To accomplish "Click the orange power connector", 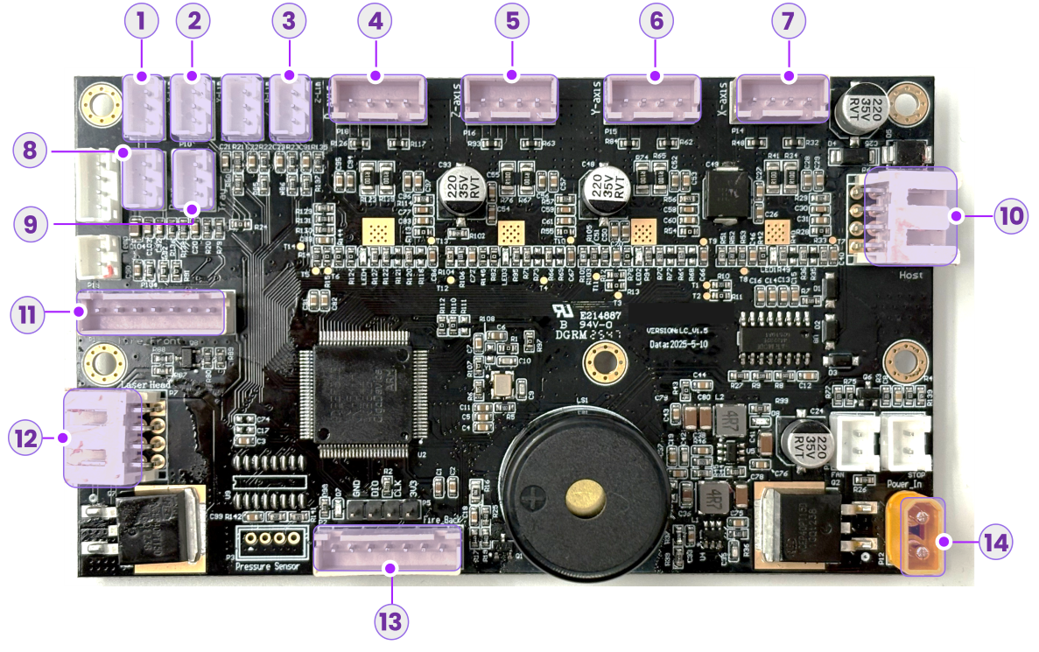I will click(923, 536).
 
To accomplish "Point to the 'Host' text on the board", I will click(910, 275).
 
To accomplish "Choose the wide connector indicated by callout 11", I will click(151, 312).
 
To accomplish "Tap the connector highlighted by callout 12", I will click(102, 437).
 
